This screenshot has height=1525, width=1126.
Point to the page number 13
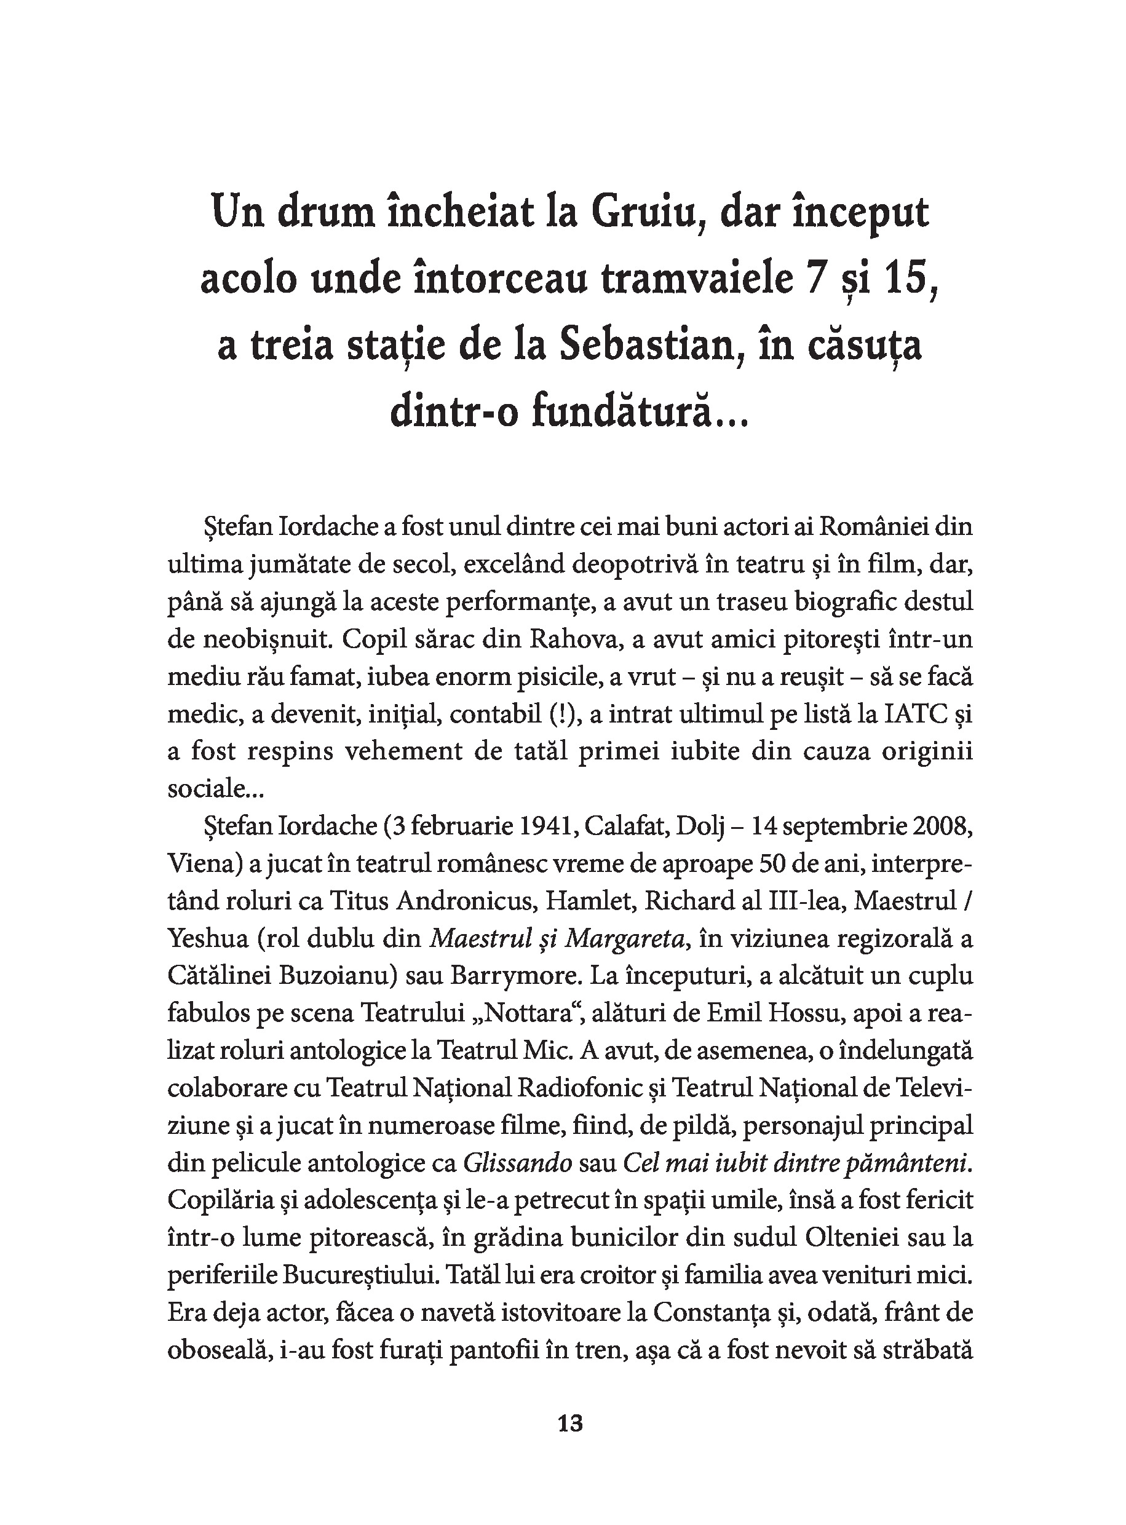[x=571, y=1424]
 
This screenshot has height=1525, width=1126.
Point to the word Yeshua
[x=208, y=938]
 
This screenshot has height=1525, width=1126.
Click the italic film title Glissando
[x=517, y=1162]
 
